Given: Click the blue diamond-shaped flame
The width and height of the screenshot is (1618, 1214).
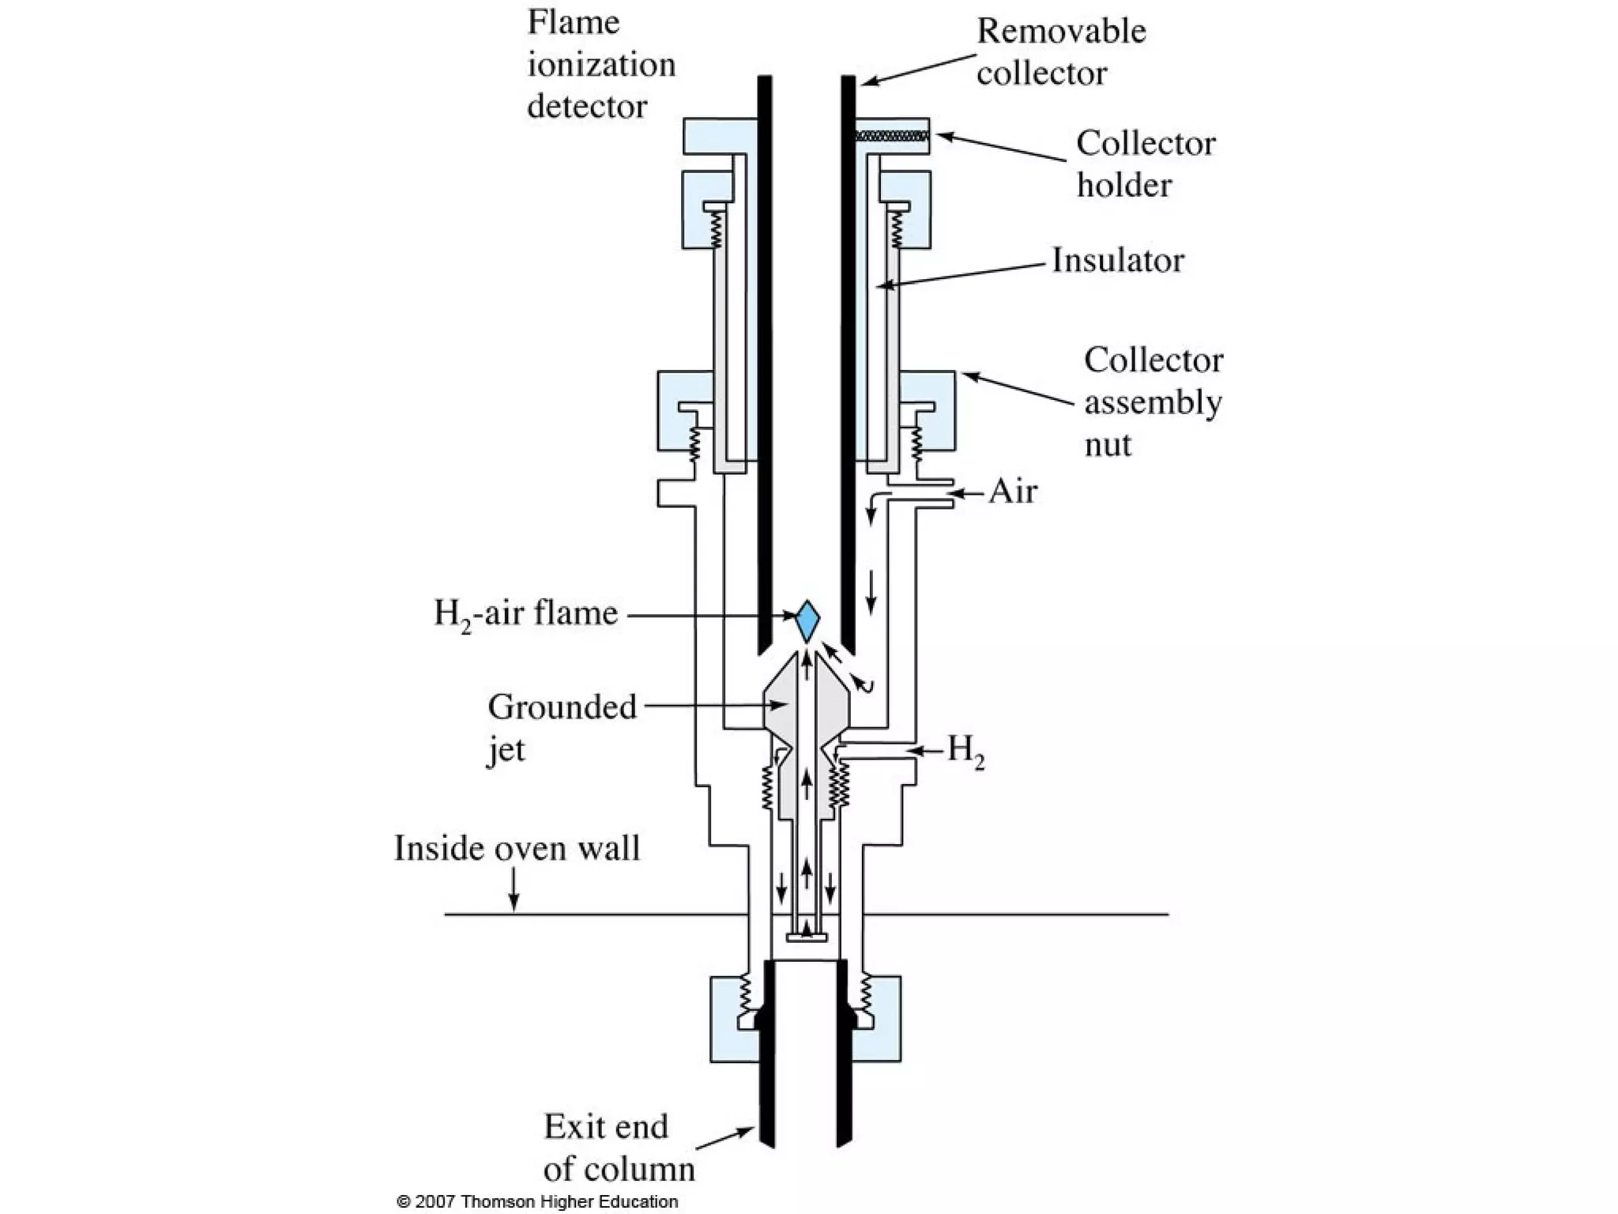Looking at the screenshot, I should coord(807,620).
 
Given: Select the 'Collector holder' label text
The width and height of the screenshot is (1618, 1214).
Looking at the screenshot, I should coord(1145,164).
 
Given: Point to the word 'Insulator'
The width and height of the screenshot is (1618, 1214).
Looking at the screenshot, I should coord(1117,260).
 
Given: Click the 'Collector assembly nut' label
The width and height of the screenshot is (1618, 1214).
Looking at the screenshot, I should coord(1152,402).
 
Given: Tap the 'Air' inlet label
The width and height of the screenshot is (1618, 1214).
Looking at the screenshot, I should coord(1012,492).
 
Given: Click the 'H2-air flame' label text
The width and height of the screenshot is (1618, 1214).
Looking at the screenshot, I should coord(525,614).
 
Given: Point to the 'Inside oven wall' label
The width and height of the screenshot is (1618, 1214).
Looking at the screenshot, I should coord(517,848).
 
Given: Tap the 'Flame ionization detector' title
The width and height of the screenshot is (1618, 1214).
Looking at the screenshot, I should coord(600,65).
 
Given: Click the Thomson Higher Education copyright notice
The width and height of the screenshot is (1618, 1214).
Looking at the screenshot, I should coord(537,1201).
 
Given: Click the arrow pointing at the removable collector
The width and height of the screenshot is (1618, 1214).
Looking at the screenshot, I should coord(916,70).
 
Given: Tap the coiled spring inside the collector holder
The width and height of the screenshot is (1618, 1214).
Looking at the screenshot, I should coord(891,136).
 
